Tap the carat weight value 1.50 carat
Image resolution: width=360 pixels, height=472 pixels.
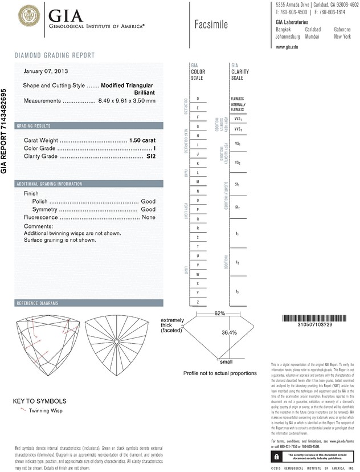[x=142, y=140]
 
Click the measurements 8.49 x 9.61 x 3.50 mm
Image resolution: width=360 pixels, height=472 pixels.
[x=126, y=101]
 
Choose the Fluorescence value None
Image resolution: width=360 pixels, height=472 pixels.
[x=149, y=217]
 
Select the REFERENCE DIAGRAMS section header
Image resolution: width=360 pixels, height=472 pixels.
[x=39, y=303]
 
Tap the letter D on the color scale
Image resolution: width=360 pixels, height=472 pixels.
[x=197, y=99]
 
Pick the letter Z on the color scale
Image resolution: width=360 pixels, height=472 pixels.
[x=197, y=301]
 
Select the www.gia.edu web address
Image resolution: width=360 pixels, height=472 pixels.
[x=287, y=47]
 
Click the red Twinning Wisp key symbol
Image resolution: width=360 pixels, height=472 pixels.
[x=23, y=409]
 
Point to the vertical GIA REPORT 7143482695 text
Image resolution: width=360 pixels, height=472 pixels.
[x=5, y=131]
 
